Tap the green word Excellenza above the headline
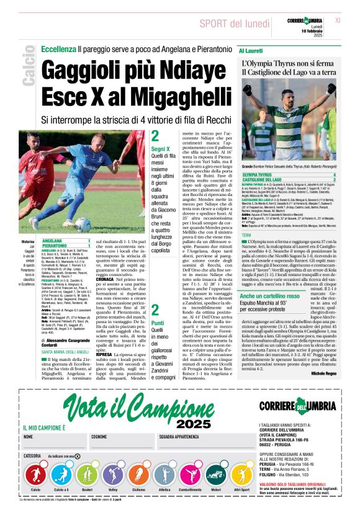[58, 48]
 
